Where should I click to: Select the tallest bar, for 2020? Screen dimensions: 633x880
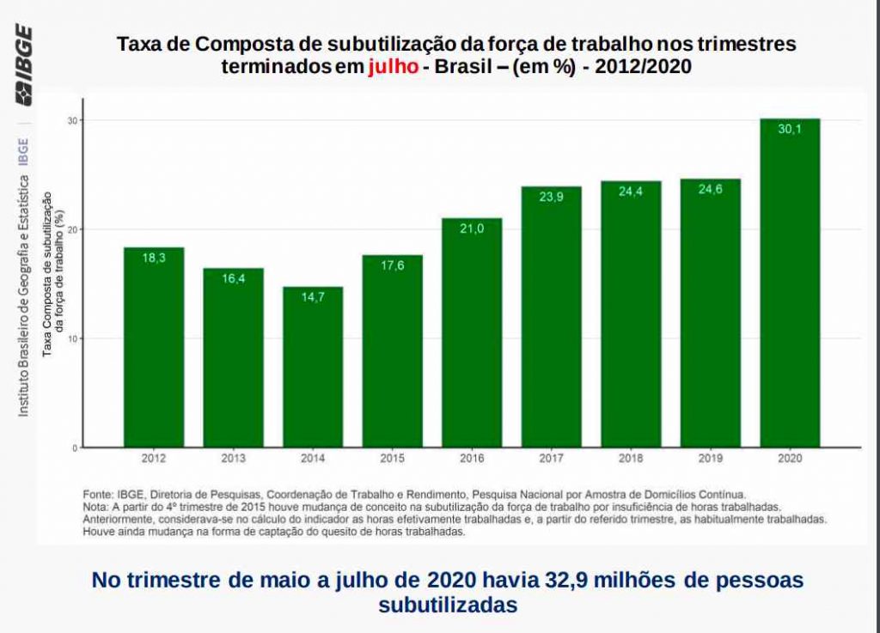pos(790,283)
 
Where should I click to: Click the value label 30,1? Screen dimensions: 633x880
pos(790,130)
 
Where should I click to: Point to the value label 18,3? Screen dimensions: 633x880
pos(154,258)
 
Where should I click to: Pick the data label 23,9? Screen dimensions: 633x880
pos(551,197)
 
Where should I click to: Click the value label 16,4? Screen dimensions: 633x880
pos(233,278)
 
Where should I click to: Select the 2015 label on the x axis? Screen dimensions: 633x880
pos(392,459)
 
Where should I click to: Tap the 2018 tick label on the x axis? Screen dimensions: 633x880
pos(631,459)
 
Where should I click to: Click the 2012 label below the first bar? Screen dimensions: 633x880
pos(154,459)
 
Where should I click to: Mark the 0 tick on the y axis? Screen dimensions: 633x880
pos(76,447)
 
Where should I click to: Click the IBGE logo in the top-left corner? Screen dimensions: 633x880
pos(23,64)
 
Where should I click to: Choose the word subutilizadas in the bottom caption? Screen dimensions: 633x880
pos(448,605)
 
